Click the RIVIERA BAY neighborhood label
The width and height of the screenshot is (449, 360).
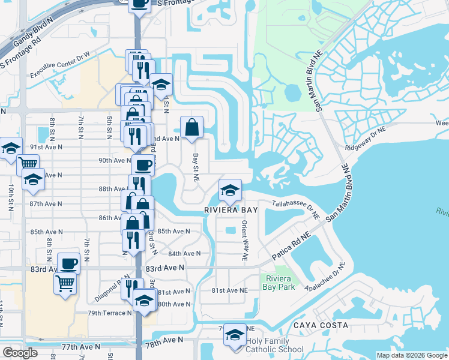point(231,210)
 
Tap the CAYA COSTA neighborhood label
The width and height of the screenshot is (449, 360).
point(321,325)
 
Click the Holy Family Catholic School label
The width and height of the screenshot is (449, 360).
point(274,345)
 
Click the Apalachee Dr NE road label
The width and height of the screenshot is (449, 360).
point(325,278)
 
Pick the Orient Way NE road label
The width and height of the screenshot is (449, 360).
point(245,240)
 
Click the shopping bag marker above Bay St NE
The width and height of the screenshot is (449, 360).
point(191,127)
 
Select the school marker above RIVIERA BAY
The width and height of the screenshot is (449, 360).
point(230,190)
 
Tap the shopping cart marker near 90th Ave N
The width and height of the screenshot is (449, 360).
point(28,163)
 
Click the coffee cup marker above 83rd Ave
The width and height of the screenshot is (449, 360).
point(68,263)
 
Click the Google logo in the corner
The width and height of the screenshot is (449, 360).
point(20,353)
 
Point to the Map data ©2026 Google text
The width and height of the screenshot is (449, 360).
point(411,355)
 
